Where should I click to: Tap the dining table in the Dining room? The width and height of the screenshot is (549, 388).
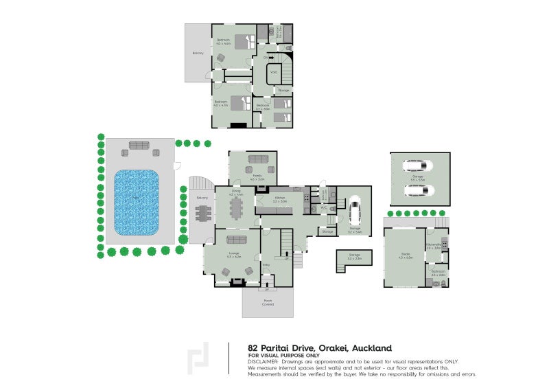[237, 207]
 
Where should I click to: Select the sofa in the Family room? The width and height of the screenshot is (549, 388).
[259, 159]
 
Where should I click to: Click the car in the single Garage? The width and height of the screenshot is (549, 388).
[355, 211]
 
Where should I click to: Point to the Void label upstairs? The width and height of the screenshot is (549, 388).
[273, 72]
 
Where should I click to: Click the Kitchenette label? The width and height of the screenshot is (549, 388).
[434, 245]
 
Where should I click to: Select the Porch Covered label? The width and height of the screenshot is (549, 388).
[267, 303]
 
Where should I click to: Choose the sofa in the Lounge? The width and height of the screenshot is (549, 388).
[237, 240]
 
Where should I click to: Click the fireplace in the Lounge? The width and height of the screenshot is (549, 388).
[238, 281]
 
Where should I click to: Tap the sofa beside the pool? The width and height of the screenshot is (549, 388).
[139, 146]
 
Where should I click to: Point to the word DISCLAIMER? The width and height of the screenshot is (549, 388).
[263, 361]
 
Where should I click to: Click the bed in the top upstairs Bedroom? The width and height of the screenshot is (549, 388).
[244, 43]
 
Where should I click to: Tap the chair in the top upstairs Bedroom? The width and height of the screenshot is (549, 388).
[222, 59]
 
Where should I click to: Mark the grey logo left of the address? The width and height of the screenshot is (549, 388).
[199, 358]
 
